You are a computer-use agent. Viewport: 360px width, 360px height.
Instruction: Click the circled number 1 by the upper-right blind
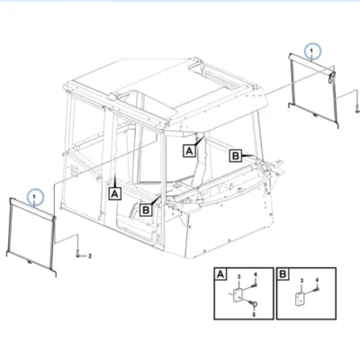pos(311,51)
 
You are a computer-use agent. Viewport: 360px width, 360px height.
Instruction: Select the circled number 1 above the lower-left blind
pos(34,196)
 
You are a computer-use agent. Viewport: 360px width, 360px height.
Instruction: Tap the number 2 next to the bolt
pos(89,256)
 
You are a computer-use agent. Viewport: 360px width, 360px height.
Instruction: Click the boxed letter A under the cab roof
pos(190,150)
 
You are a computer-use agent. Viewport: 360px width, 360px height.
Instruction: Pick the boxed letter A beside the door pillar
pos(114,193)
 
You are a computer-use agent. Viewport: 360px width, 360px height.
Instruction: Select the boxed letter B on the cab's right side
pos(236,156)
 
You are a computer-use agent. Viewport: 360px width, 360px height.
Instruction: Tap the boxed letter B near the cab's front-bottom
pos(146,210)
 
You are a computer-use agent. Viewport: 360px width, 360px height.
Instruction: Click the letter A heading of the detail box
pos(220,274)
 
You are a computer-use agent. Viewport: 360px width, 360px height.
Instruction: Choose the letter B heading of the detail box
pos(283,274)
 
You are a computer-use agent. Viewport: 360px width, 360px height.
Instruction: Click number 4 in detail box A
pos(256,274)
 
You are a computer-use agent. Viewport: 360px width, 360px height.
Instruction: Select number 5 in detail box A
pos(254,315)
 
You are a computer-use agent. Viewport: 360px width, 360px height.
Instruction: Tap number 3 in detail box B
pos(301,281)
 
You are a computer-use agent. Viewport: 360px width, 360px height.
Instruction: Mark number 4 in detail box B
pos(317,280)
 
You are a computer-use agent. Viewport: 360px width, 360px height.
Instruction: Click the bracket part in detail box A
pos(238,296)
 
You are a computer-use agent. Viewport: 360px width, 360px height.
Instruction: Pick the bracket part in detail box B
pos(300,299)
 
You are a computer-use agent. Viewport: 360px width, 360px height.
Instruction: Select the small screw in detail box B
pos(317,290)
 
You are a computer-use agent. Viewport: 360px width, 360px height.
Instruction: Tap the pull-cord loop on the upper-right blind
pos(331,77)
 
